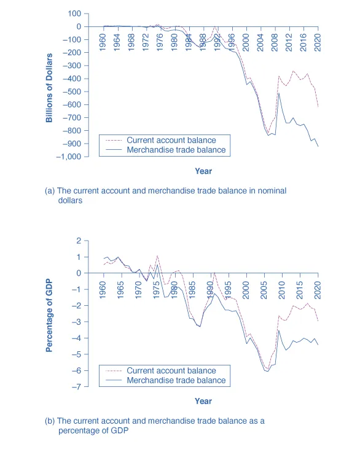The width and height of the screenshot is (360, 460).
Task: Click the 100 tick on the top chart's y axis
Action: pyautogui.click(x=74, y=14)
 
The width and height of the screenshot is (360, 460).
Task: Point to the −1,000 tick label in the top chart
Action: pyautogui.click(x=68, y=157)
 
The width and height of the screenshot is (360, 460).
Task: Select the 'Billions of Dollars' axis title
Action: pyautogui.click(x=49, y=87)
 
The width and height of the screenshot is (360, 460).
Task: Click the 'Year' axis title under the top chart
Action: pyautogui.click(x=203, y=171)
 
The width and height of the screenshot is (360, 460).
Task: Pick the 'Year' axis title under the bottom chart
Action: pyautogui.click(x=203, y=401)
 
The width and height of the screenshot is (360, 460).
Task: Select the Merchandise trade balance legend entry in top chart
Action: pyautogui.click(x=176, y=150)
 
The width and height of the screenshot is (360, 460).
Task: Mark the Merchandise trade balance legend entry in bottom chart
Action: pyautogui.click(x=176, y=380)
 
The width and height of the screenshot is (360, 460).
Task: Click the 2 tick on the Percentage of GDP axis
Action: pyautogui.click(x=79, y=241)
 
